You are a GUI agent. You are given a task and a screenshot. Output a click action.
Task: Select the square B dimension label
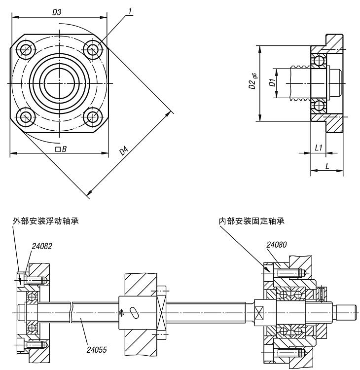click(61, 149)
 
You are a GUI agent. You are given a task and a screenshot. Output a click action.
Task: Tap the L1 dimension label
click(318, 148)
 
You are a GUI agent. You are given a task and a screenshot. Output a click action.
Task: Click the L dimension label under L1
click(326, 167)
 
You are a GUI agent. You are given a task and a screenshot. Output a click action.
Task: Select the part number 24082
click(42, 245)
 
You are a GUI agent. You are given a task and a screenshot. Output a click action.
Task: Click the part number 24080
click(277, 244)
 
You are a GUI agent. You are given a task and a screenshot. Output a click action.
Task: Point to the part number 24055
click(97, 350)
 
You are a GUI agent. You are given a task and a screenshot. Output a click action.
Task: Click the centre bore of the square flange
click(59, 83)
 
